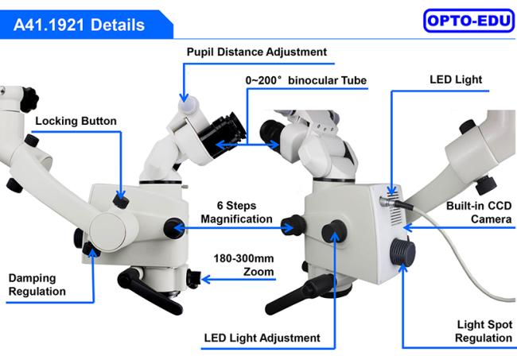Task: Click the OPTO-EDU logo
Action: pos(468,21)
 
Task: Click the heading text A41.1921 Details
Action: pos(79,25)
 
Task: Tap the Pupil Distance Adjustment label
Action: pos(257,52)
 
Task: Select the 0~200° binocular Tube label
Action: pos(306,80)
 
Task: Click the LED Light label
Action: pos(456,79)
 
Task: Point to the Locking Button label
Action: pos(76,121)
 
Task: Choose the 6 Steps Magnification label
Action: pos(236,212)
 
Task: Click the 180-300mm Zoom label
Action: pos(243,265)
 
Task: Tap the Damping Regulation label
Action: pos(37,285)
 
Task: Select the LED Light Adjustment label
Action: pos(262,338)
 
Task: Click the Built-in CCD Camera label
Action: pos(479,212)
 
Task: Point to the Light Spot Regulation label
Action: pos(484,331)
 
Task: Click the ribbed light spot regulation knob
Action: pos(402,252)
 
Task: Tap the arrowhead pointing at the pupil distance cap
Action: pos(184,98)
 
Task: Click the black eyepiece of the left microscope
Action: pos(224,134)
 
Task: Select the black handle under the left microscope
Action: pos(150,290)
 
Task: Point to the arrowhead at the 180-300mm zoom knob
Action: pos(206,280)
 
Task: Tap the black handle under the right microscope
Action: pos(299,294)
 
